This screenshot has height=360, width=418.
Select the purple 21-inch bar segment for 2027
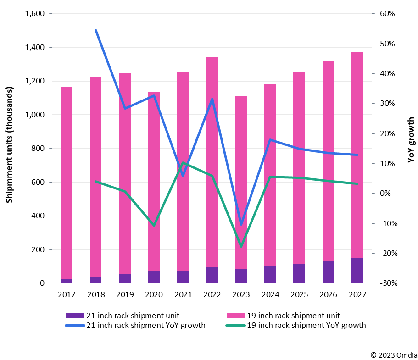(x=357, y=271)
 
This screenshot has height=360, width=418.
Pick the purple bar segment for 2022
(x=212, y=275)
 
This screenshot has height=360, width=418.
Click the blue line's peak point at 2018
(x=95, y=30)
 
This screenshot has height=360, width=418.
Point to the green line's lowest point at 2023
(x=241, y=246)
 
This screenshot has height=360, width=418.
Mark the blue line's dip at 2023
(x=241, y=224)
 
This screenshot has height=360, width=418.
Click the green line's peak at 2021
(x=183, y=163)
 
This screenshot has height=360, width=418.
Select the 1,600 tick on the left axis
(x=35, y=14)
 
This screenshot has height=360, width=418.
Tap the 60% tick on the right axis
(x=387, y=14)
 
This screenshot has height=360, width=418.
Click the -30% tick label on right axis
(x=387, y=283)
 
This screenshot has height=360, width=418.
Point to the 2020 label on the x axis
(x=154, y=294)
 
